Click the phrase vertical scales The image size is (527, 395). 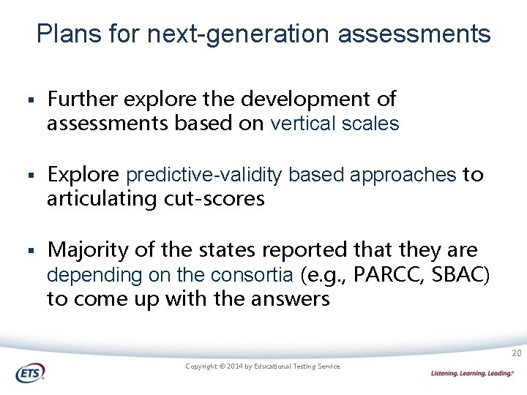coord(334,124)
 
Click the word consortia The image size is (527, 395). coord(251,275)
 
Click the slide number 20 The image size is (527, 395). coord(516,354)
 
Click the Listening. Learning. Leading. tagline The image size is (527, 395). coord(472,373)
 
